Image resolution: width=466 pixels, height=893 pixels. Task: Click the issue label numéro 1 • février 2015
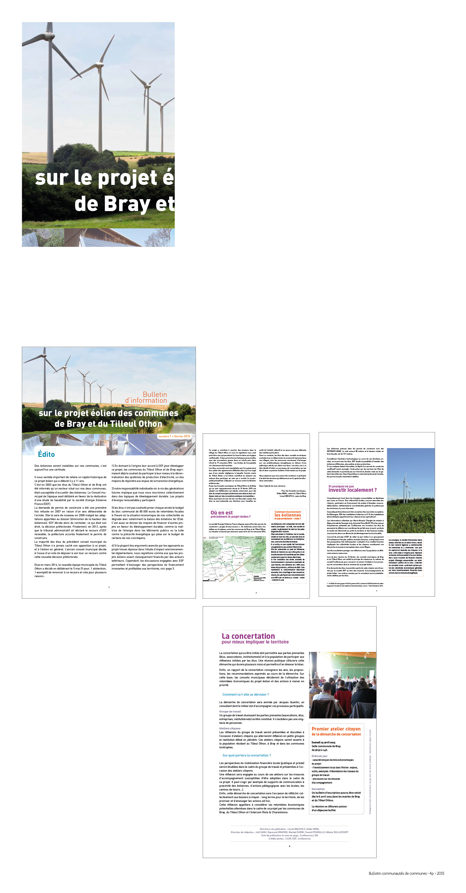[x=174, y=436]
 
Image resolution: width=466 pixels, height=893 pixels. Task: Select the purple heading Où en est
[x=222, y=512]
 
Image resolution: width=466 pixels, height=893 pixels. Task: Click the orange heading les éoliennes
[x=288, y=515]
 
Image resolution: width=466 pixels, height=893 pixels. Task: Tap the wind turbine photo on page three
[x=411, y=490]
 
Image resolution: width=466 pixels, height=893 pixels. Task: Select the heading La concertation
[x=248, y=636]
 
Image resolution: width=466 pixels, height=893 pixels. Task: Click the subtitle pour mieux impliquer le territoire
[x=255, y=642]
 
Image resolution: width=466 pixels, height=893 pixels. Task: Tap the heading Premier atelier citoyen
[x=336, y=729]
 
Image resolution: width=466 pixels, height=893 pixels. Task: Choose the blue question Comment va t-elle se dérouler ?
[x=246, y=694]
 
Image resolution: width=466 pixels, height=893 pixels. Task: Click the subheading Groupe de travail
[x=230, y=711]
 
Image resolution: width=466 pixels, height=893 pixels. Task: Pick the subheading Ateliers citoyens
[x=230, y=728]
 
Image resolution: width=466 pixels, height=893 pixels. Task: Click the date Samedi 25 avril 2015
[x=323, y=742]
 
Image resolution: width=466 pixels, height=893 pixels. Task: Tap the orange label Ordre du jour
[x=319, y=756]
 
